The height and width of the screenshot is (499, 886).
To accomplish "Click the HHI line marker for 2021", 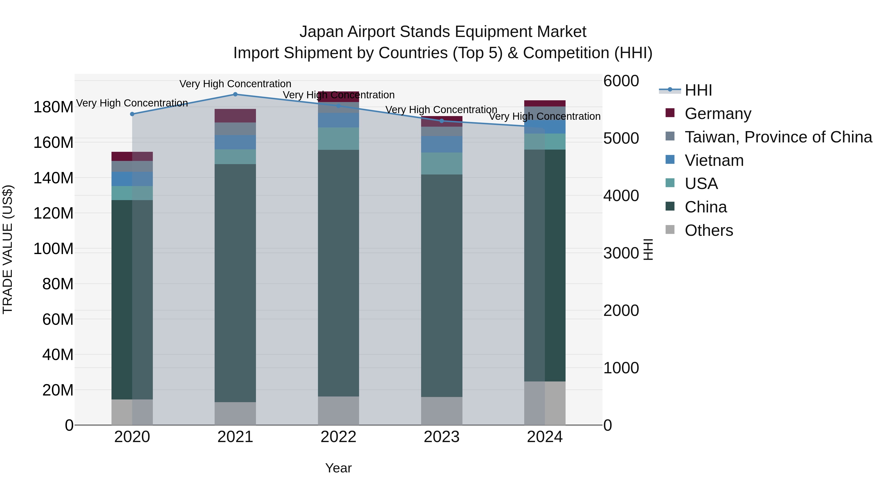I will pyautogui.click(x=235, y=94).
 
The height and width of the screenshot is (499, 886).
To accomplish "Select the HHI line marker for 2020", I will pyautogui.click(x=132, y=114).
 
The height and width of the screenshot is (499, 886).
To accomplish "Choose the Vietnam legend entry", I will pyautogui.click(x=714, y=160).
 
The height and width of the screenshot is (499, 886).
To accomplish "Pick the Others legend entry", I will pyautogui.click(x=709, y=230).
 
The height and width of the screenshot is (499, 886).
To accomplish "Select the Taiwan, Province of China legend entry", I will pyautogui.click(x=778, y=137).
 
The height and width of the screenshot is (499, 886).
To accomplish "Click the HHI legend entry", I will pyautogui.click(x=698, y=90).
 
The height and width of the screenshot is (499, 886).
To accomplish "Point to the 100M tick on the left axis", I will pyautogui.click(x=53, y=249).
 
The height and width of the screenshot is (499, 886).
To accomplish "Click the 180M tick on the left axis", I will pyautogui.click(x=53, y=107).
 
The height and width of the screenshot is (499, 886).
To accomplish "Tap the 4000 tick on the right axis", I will pyautogui.click(x=621, y=196).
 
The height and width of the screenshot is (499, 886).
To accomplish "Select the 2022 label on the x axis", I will pyautogui.click(x=338, y=437).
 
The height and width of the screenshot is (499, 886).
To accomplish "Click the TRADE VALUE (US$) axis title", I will pyautogui.click(x=8, y=249).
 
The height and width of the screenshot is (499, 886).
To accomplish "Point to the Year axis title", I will pyautogui.click(x=338, y=468).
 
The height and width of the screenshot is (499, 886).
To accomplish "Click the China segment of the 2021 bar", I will pyautogui.click(x=235, y=282).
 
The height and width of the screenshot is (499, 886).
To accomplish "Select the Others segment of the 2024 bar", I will pyautogui.click(x=545, y=403).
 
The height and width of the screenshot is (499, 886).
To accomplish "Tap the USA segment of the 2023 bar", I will pyautogui.click(x=442, y=164).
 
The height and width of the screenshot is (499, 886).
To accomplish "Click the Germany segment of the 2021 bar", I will pyautogui.click(x=235, y=116).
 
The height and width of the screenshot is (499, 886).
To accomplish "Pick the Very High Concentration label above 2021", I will pyautogui.click(x=235, y=84).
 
